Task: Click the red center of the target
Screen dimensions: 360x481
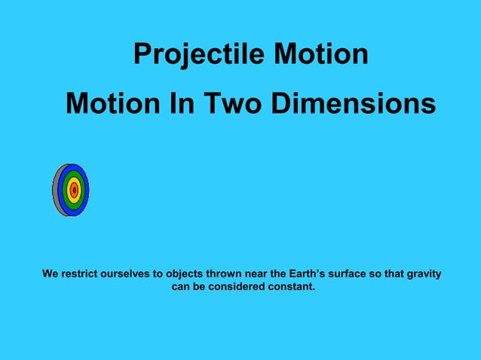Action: pyautogui.click(x=74, y=191)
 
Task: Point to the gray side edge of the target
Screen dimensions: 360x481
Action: pyautogui.click(x=56, y=191)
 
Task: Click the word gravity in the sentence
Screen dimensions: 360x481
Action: pyautogui.click(x=424, y=273)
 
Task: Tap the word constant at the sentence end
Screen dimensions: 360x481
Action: pyautogui.click(x=292, y=287)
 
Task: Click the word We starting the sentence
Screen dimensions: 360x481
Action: pyautogui.click(x=50, y=273)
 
